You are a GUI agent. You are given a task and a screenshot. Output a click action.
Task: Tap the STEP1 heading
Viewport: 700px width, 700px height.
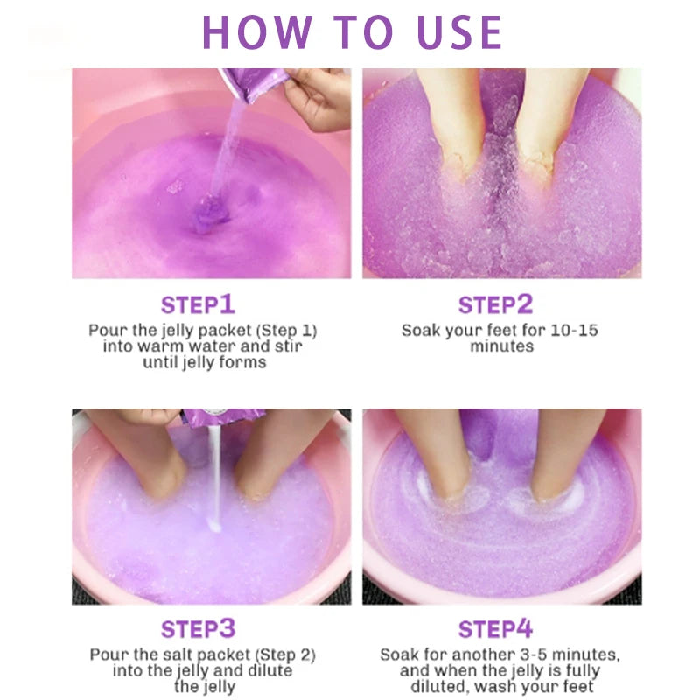[198, 304]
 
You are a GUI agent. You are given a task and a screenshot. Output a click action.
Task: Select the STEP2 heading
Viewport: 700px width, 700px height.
[496, 304]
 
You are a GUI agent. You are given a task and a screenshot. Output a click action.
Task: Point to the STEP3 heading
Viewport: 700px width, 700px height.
[198, 628]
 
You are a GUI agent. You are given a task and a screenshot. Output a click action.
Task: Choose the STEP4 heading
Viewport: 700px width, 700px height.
[496, 628]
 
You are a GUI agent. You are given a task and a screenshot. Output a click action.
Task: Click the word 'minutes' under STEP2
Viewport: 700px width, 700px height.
[501, 346]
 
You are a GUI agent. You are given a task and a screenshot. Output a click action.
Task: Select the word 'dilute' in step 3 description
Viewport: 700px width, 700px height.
[269, 670]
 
